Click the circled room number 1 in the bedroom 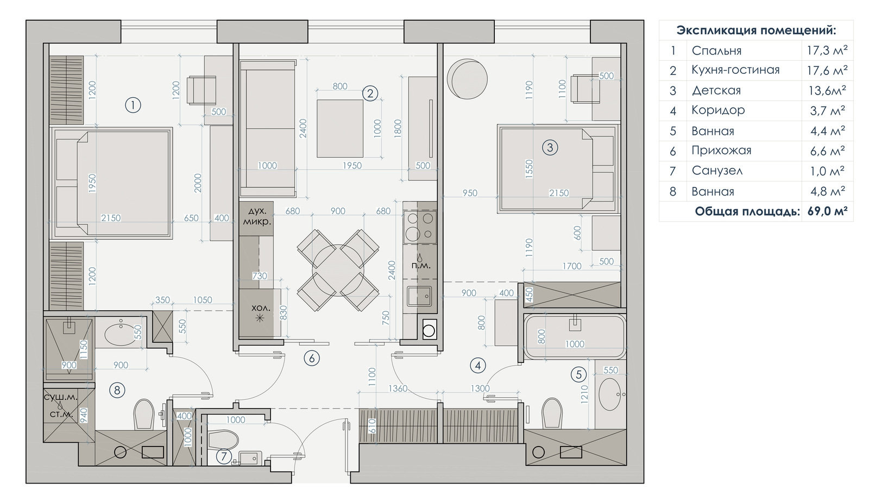tap(133, 105)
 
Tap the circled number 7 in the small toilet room tap(223, 456)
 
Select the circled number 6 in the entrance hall tap(312, 358)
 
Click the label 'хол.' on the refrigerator tap(260, 308)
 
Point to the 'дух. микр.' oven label tap(256, 216)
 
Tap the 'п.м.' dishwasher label tap(421, 266)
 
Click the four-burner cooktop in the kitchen tap(420, 227)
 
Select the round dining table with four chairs tap(338, 270)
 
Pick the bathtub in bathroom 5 tap(575, 336)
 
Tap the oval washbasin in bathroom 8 tap(121, 335)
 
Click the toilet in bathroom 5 tap(552, 413)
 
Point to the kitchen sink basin tap(419, 297)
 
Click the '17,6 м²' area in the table tap(827, 70)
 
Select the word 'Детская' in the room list tap(716, 90)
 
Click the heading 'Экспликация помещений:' tap(756, 30)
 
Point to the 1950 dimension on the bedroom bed tap(92, 183)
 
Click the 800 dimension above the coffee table tap(340, 86)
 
